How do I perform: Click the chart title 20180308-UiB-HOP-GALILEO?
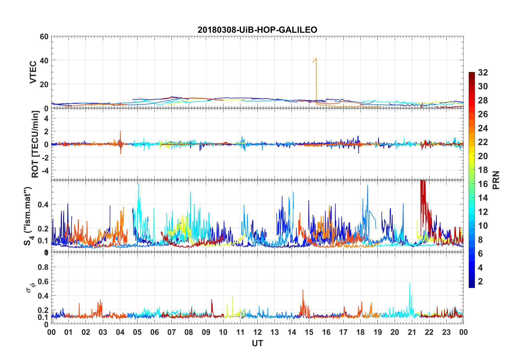257,30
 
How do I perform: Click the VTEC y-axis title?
33,72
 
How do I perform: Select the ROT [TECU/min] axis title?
35,144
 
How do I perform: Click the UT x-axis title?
257,343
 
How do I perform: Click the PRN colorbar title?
496,180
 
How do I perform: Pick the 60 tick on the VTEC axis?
44,37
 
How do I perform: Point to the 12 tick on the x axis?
257,332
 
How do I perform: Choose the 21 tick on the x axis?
412,332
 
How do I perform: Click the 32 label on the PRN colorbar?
483,73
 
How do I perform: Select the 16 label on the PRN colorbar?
483,184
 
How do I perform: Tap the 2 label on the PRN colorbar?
480,282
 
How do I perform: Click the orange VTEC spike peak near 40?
316,58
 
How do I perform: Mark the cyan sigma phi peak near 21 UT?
409,283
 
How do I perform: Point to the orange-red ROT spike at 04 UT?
120,132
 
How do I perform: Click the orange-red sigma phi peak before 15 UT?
303,290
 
